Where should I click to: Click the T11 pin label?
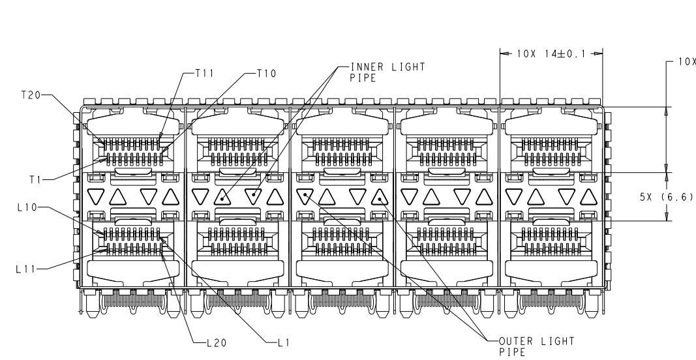click(205, 73)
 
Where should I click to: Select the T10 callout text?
click(266, 73)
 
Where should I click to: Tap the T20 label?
click(31, 95)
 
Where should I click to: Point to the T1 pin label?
click(35, 180)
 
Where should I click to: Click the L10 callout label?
click(27, 207)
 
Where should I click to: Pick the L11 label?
click(25, 269)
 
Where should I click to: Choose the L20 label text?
click(217, 342)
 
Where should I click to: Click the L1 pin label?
click(284, 342)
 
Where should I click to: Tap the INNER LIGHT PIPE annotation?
click(387, 72)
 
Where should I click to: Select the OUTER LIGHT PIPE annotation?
click(537, 347)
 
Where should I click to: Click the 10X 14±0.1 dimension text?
click(551, 53)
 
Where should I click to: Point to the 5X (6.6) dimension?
click(666, 197)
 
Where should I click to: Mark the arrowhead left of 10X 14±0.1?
click(506, 53)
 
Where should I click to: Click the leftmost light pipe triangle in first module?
click(95, 196)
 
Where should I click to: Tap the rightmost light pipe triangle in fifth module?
click(588, 198)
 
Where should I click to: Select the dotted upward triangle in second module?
click(222, 198)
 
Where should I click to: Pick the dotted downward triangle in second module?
click(253, 196)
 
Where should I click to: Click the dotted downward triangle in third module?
click(305, 196)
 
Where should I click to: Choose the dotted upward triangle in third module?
click(380, 198)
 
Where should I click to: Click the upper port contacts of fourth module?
click(447, 151)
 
